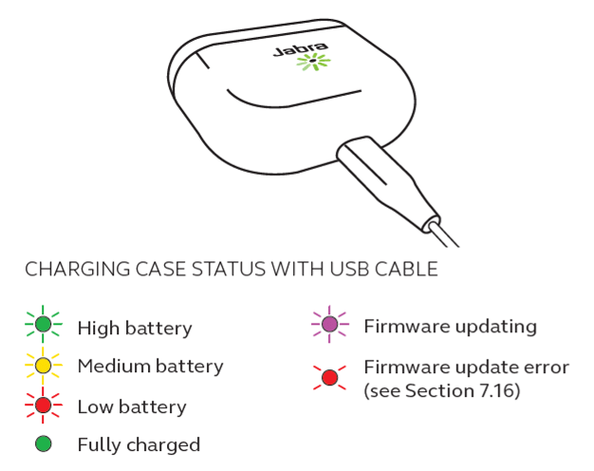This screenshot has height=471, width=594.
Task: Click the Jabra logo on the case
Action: pos(301,49)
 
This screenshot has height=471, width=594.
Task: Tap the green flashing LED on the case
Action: pos(313,61)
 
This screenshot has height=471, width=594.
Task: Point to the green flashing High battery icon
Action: pos(44,324)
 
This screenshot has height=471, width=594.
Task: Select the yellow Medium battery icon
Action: pos(44,366)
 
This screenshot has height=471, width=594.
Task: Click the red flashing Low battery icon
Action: pos(44,405)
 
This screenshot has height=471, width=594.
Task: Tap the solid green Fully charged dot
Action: pos(44,443)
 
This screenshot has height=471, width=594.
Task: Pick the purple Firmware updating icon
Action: pos(329,324)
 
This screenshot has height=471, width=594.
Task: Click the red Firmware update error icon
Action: pos(329,377)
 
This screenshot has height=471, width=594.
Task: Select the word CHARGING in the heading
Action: pos(78,270)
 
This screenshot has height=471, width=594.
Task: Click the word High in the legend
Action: pos(99,329)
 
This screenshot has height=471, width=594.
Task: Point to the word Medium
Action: pos(114,367)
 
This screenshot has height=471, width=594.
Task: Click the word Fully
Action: pos(100,445)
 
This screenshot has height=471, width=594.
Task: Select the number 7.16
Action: pos(496,390)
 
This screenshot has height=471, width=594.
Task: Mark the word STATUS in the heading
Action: pos(229,270)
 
